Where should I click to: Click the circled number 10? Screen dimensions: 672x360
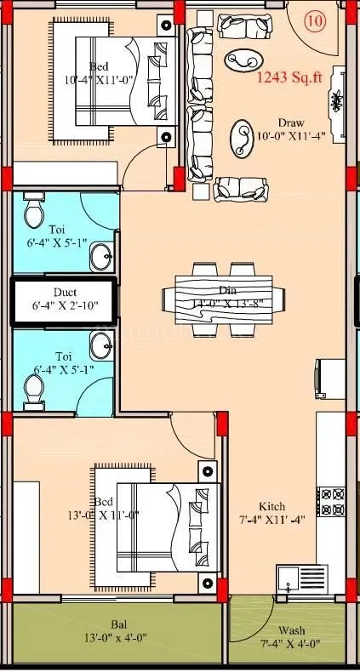314,22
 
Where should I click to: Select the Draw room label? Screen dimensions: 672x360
290,122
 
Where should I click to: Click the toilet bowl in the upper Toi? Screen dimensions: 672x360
34,209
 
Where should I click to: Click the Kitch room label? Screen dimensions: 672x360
272,505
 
